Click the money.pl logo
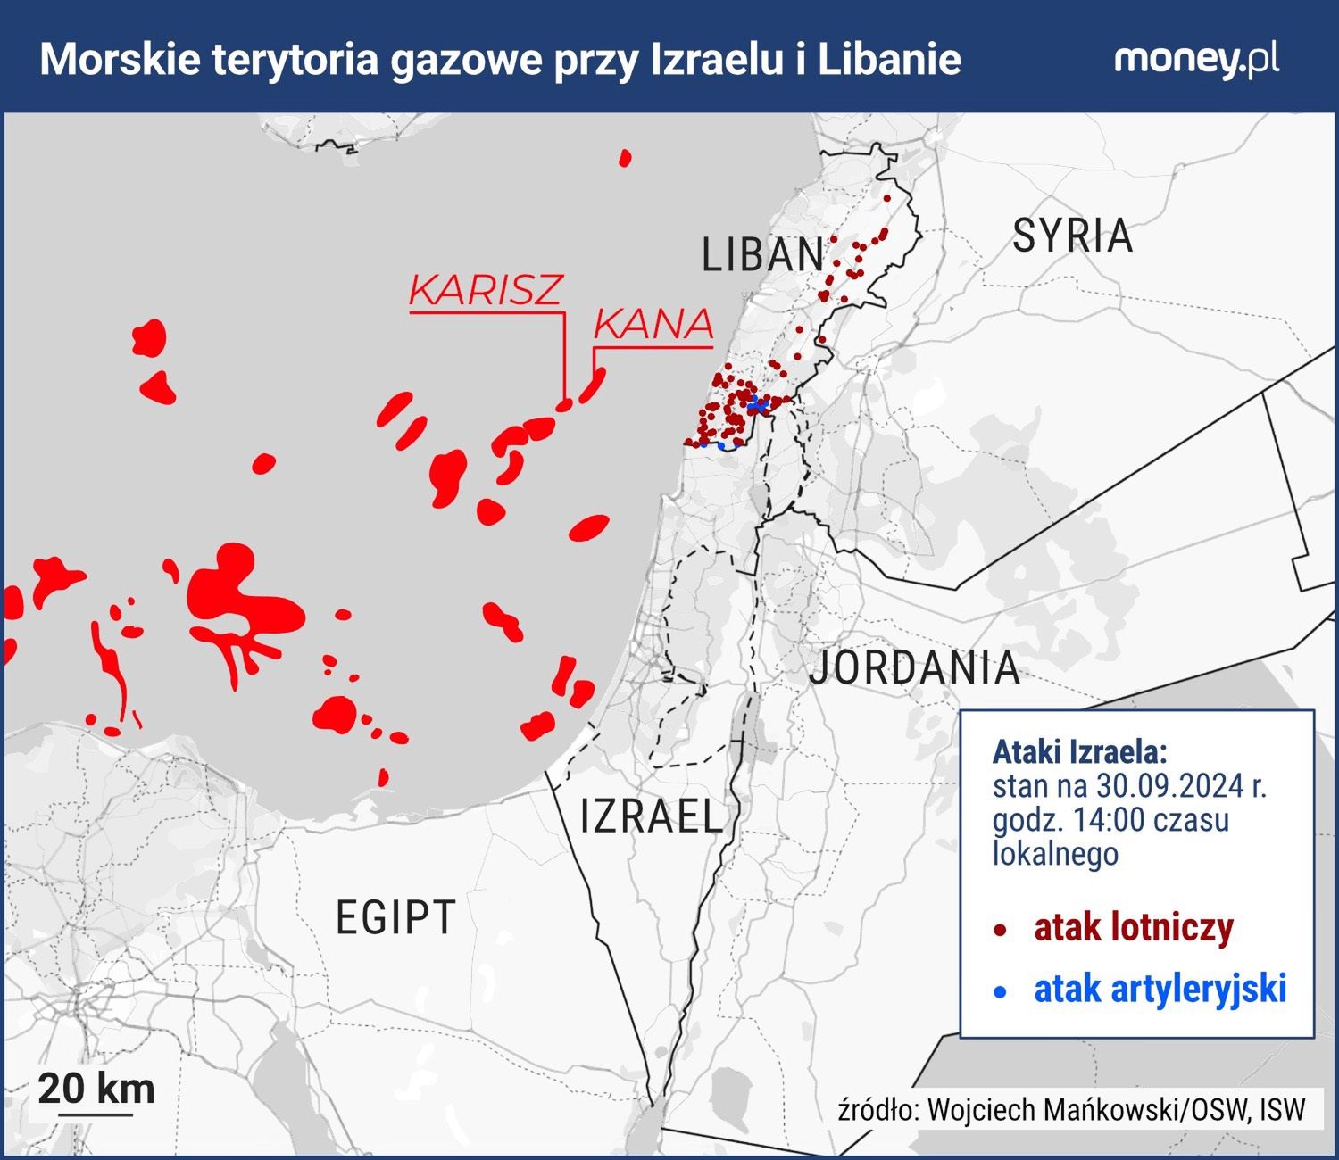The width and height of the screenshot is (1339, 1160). coord(1196,60)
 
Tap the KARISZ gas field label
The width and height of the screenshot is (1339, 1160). coord(486,290)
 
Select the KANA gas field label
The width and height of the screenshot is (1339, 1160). coord(653,325)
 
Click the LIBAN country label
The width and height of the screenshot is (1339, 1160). coord(762,255)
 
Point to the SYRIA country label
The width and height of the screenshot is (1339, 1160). coord(1072,236)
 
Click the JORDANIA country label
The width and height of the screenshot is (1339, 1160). coord(914,667)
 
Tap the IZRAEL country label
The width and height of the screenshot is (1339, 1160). coord(651,816)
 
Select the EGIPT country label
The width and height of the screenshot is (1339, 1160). coord(395,917)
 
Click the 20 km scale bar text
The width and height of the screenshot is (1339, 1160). coord(96,1089)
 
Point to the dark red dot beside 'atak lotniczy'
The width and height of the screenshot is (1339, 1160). coord(1001,931)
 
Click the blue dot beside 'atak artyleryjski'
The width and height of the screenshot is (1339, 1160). coord(1001,991)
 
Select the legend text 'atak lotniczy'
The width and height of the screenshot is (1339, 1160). coord(1133,928)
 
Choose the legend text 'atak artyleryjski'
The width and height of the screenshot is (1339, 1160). coord(1160,989)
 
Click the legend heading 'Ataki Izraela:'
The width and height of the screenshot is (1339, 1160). coord(1079,751)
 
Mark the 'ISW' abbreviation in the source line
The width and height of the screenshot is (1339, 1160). coord(1283,1110)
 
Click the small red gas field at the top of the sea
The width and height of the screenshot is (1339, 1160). coord(625,159)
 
